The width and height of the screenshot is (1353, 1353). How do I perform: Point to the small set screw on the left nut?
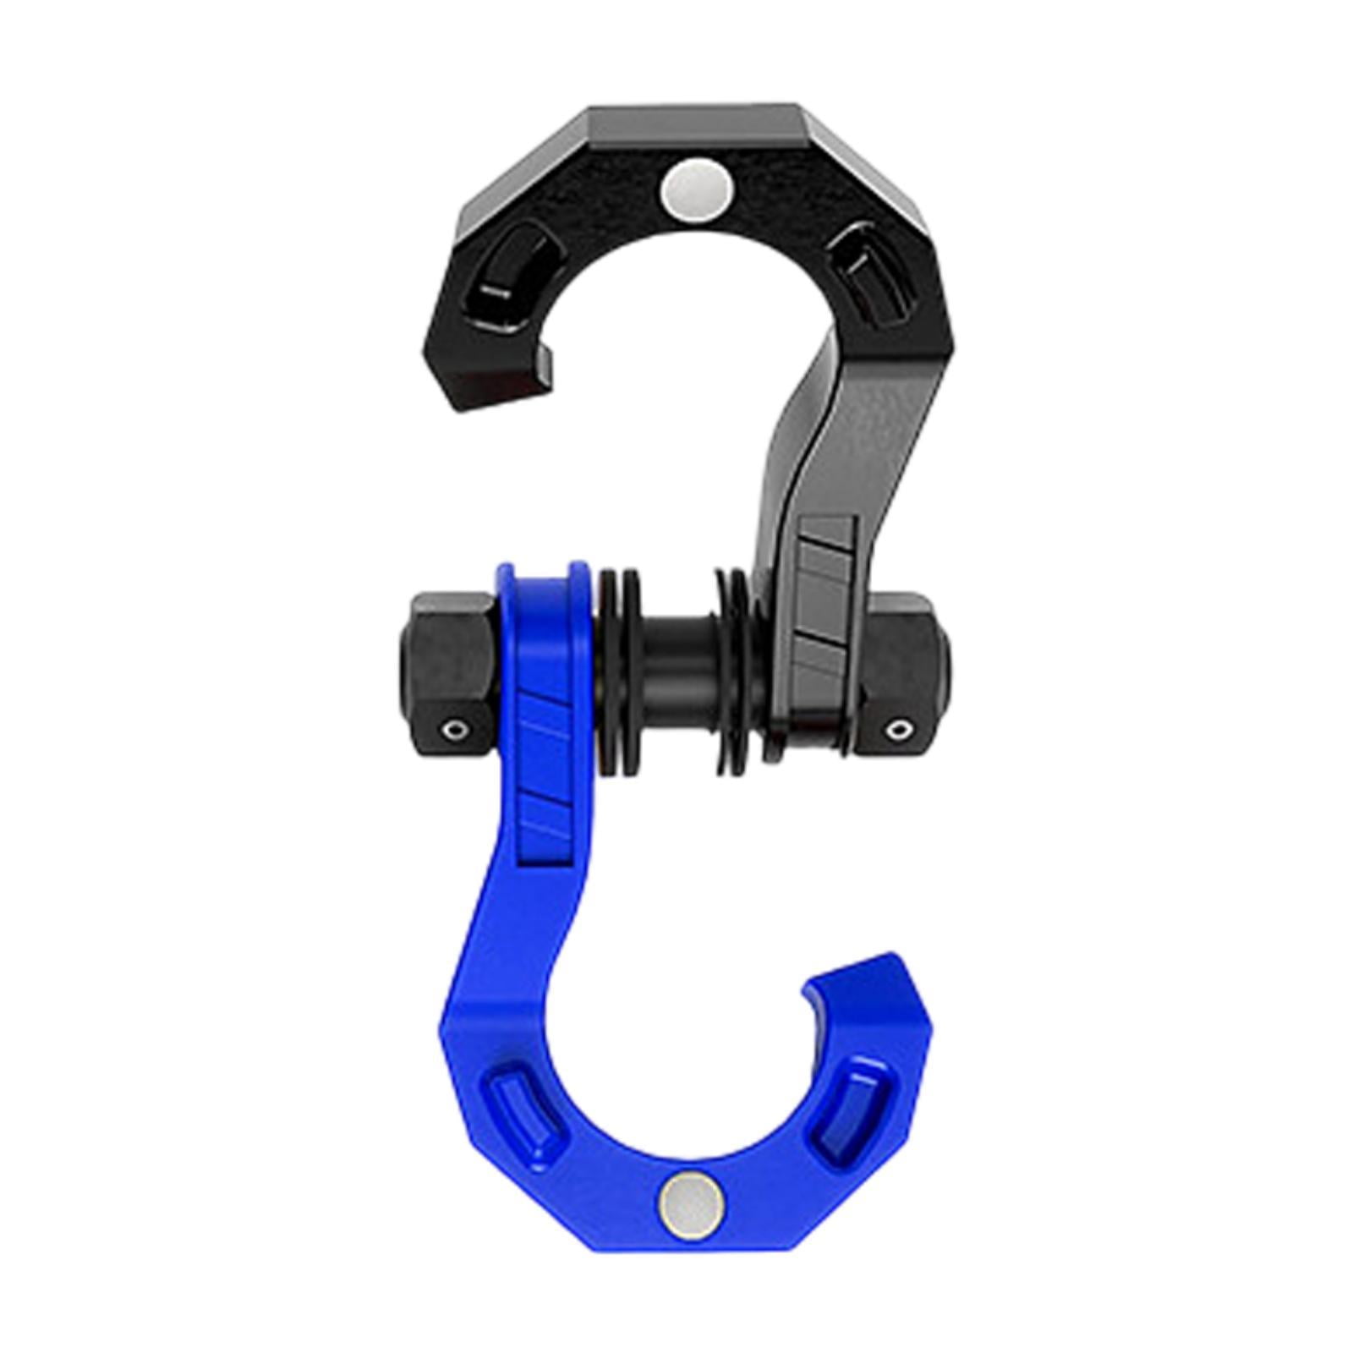click(457, 730)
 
